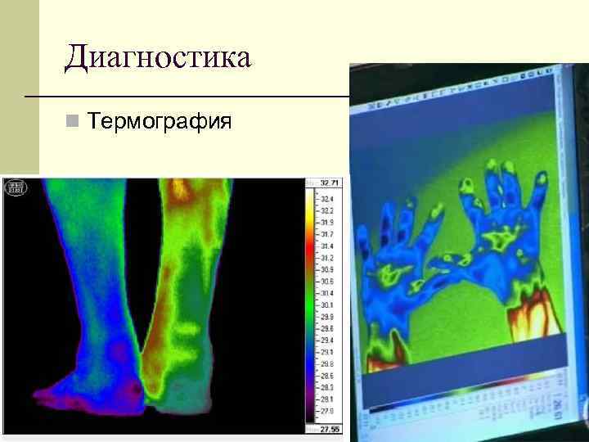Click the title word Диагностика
[x=159, y=58]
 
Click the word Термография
[x=160, y=122]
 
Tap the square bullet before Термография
[x=73, y=123]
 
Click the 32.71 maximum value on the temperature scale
[x=330, y=182]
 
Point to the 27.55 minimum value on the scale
[x=330, y=428]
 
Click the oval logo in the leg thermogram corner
[x=16, y=188]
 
